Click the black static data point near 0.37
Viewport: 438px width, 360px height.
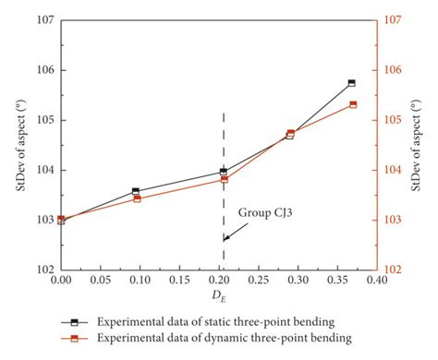(351, 83)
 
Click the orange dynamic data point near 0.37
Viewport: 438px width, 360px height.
(352, 104)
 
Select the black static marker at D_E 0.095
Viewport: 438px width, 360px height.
(136, 192)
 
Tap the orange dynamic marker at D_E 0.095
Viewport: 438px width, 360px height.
(137, 198)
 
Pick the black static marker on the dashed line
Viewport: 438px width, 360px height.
(223, 172)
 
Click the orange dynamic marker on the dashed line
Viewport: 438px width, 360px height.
(223, 179)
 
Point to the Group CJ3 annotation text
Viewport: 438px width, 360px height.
(269, 211)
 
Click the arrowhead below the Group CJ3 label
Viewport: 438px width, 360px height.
(225, 238)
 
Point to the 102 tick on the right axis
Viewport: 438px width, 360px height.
(392, 270)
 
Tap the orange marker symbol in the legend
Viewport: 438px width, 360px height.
(75, 339)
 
